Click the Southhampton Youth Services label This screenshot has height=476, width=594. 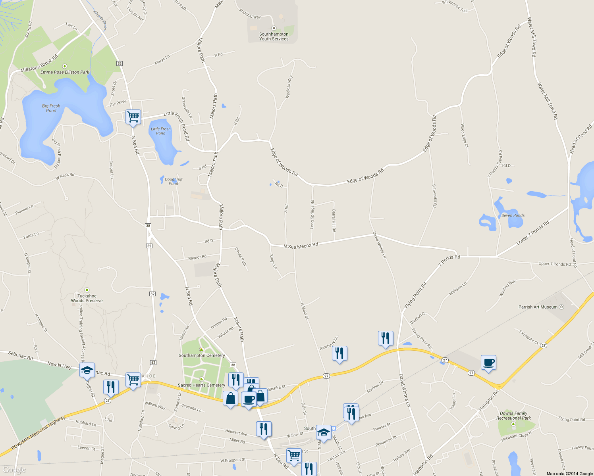tap(274, 36)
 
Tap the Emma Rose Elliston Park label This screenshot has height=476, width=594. tap(65, 72)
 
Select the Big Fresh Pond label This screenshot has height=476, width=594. tap(51, 108)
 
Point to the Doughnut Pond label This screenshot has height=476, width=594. tap(174, 182)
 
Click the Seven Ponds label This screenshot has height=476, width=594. tap(513, 215)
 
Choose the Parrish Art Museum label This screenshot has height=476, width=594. tap(538, 307)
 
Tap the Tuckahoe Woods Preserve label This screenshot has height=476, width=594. tap(87, 298)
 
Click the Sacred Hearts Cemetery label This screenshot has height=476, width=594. tap(201, 385)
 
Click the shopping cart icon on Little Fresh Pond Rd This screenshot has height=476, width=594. tap(133, 117)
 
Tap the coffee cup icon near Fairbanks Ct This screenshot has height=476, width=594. tap(488, 362)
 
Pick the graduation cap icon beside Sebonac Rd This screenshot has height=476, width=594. tap(87, 370)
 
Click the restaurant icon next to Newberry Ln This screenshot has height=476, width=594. tap(339, 353)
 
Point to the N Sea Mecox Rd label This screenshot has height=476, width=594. tap(301, 246)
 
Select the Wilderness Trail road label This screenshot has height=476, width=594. tap(455, 6)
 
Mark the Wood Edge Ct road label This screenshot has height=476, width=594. tap(464, 136)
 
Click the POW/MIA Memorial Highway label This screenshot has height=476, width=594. tap(38, 433)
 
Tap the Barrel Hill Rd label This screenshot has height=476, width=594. tap(334, 221)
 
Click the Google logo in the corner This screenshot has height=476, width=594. tap(14, 470)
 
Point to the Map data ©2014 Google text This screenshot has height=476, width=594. tap(569, 474)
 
